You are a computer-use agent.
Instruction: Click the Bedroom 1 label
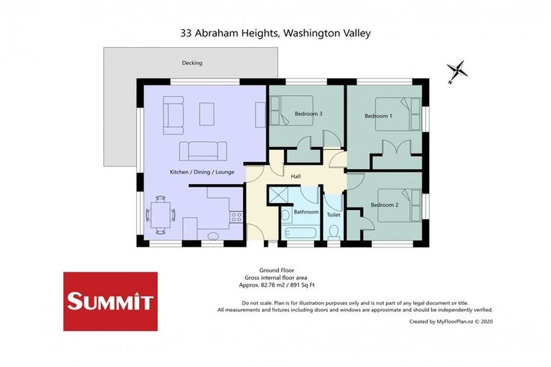(x=378, y=116)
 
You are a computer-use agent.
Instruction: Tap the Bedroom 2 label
(x=385, y=205)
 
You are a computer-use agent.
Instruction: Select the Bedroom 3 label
(x=308, y=114)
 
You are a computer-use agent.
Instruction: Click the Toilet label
(x=334, y=214)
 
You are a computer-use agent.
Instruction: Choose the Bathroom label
(x=306, y=211)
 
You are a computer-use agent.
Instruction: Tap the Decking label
(x=192, y=63)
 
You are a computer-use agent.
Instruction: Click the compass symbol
(x=457, y=72)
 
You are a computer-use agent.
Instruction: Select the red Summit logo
(x=110, y=301)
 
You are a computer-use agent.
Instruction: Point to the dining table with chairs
(x=161, y=214)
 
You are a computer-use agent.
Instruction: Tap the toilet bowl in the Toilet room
(x=334, y=232)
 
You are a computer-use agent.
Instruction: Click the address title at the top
(x=275, y=33)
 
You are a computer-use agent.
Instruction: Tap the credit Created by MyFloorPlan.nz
(x=451, y=322)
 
